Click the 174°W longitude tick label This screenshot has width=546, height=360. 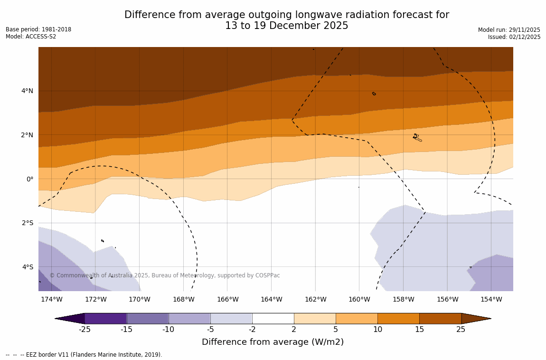point(51,300)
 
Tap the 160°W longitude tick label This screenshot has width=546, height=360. point(359,300)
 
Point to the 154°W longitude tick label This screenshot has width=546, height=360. point(491,300)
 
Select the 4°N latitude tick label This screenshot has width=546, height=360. point(27,91)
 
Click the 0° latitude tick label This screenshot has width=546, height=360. point(30,179)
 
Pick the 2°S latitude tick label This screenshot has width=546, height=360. point(27,223)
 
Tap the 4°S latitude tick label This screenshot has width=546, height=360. point(27,267)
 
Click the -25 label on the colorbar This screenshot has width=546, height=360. point(85,330)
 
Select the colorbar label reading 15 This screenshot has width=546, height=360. point(419,330)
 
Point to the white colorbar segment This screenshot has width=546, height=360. point(273,318)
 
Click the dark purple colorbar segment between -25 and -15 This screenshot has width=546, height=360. point(105,318)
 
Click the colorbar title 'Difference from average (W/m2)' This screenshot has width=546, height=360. point(273,342)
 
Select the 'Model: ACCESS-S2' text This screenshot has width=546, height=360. point(31,37)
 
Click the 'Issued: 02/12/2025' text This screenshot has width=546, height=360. point(514,37)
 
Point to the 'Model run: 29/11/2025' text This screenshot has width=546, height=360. point(509,30)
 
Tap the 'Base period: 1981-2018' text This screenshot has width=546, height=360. point(38,29)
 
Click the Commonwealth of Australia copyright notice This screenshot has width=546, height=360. point(165,275)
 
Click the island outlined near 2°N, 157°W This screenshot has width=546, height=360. point(416,137)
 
